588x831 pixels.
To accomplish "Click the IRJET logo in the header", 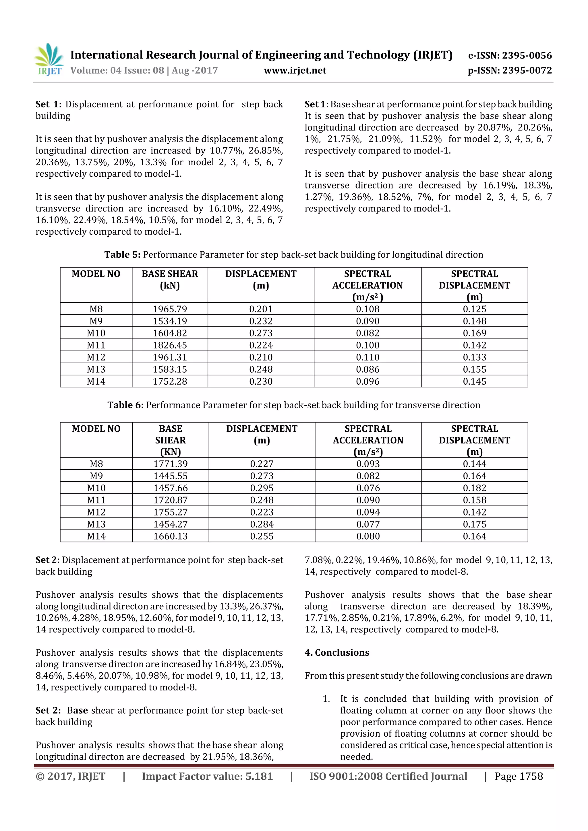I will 49,60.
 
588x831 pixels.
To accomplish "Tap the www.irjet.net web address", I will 295,71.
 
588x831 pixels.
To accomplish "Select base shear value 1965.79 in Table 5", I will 170,309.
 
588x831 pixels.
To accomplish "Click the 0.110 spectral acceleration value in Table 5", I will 367,357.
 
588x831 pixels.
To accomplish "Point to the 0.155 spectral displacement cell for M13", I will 474,369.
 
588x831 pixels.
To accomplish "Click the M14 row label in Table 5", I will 96,382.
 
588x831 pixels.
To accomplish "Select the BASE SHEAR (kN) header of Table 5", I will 170,279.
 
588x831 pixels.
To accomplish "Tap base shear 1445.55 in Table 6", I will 170,476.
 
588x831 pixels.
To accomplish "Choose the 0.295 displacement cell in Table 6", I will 262,488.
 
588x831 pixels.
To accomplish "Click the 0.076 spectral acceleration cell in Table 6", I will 368,488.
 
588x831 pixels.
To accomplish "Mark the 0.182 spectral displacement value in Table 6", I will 474,488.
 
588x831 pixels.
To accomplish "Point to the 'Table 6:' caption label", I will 125,405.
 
